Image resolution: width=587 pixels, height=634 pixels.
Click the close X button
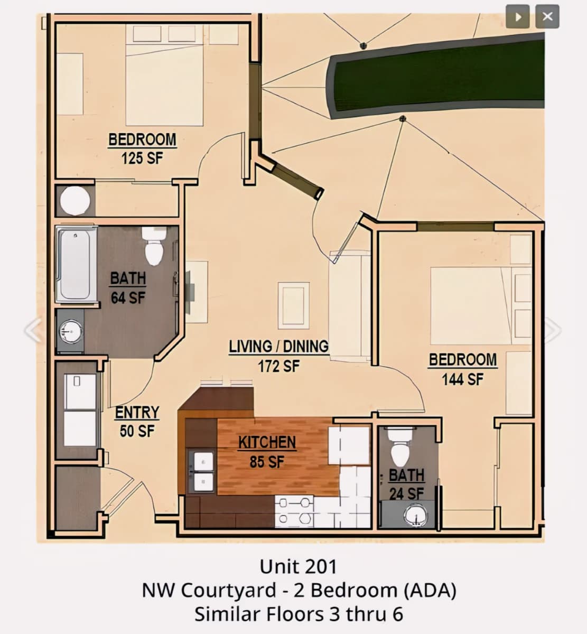(547, 16)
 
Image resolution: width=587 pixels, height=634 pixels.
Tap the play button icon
(518, 16)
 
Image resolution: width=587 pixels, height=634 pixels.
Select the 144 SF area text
(462, 379)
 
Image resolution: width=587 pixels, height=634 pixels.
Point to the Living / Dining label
(279, 347)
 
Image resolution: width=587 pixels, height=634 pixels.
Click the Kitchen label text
(267, 442)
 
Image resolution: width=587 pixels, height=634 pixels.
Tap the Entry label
(137, 412)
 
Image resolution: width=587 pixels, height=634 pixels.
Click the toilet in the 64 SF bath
(154, 246)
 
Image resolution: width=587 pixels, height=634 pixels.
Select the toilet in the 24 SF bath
(400, 447)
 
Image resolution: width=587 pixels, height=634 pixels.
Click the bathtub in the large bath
(76, 264)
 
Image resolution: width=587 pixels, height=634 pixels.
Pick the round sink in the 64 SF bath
(71, 332)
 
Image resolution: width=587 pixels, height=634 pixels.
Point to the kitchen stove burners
(294, 511)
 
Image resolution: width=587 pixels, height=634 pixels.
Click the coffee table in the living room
(294, 305)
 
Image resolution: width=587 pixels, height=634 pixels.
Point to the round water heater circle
(75, 200)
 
